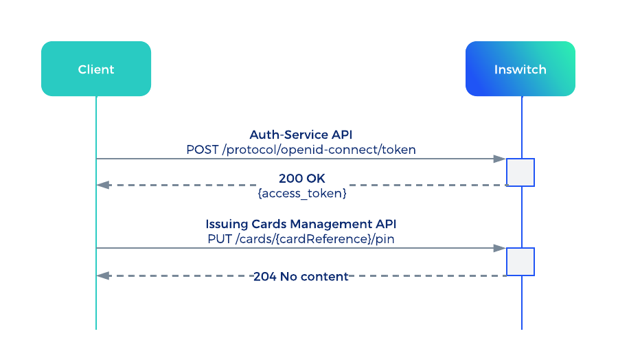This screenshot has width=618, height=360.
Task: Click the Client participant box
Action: (96, 69)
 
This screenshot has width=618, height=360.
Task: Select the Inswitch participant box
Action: (520, 69)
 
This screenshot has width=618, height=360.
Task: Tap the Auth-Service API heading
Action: (301, 135)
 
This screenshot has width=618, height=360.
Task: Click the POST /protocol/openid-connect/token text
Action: (301, 150)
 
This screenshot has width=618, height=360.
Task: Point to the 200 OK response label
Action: (302, 178)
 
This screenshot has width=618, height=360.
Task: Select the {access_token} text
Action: (302, 193)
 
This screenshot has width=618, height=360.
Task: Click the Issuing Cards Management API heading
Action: (301, 224)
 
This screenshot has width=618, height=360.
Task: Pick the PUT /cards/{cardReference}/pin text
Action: (301, 239)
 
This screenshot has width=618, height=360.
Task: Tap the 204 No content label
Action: (301, 276)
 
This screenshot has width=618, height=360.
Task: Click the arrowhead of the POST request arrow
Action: (500, 159)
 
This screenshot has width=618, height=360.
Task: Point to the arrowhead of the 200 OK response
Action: (103, 185)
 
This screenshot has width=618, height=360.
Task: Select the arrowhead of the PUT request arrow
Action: (500, 248)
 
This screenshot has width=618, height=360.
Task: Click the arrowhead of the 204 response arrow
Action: (103, 276)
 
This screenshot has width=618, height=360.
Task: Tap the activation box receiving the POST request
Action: (520, 172)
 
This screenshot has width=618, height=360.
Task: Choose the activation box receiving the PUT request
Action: (520, 262)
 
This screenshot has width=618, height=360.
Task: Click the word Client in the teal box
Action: (96, 69)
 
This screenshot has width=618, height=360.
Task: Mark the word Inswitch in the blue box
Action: (520, 69)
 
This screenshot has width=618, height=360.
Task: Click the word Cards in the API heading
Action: (269, 224)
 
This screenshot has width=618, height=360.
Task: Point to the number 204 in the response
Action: (265, 276)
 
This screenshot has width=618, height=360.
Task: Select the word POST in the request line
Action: (203, 150)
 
